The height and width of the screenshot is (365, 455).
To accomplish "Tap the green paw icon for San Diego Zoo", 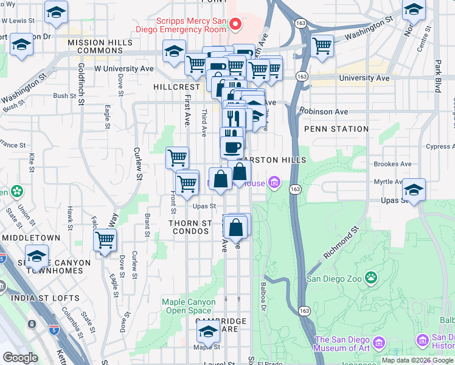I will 371,279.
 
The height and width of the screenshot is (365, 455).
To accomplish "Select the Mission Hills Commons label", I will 91,46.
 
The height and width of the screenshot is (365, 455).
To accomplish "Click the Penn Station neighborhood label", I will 336,129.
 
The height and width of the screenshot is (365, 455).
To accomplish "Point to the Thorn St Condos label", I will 190,227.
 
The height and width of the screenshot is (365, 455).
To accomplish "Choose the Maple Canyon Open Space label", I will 189,306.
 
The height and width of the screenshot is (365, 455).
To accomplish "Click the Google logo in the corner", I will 20,358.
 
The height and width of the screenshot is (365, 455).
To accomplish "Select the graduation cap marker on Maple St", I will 208,332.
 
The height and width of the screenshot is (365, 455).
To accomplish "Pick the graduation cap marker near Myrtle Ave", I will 414,189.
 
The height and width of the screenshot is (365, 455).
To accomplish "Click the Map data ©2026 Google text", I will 417,360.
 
